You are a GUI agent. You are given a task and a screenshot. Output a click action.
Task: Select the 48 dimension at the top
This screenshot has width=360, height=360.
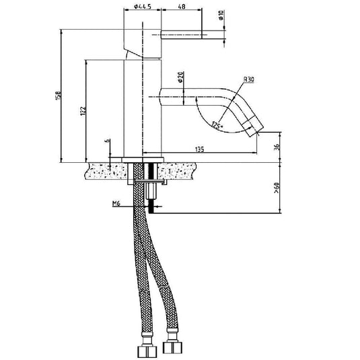click(182, 7)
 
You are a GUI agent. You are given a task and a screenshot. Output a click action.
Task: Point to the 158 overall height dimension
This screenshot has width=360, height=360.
click(58, 94)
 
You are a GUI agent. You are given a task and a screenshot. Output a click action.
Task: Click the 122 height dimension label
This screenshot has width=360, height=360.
click(82, 111)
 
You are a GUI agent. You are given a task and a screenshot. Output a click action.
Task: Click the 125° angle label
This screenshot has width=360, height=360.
click(216, 125)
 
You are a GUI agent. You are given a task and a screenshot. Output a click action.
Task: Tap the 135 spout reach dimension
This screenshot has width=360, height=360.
click(200, 149)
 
